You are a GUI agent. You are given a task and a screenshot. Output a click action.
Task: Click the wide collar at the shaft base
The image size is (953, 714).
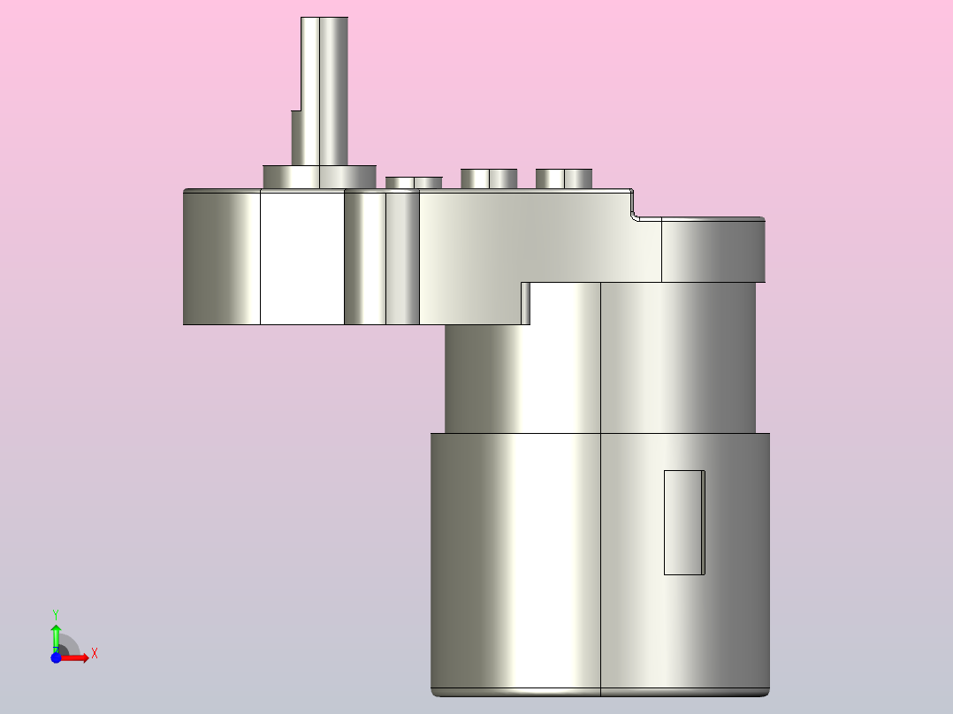pos(320,177)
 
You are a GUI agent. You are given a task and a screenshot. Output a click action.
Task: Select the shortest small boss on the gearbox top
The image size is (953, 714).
pos(414,183)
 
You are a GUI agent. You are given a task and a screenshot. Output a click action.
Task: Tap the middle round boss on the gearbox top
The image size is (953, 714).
pos(489,178)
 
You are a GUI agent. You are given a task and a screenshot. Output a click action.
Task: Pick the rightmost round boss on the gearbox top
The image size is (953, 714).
pos(564,178)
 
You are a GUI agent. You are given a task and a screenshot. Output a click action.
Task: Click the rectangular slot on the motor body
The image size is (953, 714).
pos(684,522)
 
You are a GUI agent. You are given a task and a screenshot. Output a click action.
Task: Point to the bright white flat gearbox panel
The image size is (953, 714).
pos(302,257)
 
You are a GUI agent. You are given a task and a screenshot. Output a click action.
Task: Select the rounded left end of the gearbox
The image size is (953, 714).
pos(221,257)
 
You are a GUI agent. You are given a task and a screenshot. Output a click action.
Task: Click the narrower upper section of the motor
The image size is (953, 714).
pos(600,358)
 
